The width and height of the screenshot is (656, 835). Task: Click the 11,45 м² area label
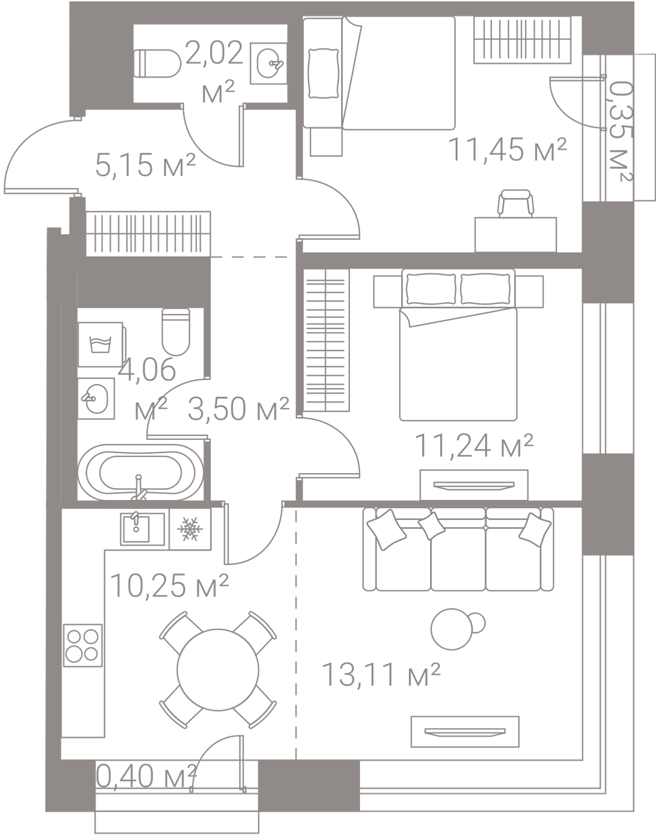click(507, 150)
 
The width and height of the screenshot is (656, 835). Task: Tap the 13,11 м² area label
click(381, 675)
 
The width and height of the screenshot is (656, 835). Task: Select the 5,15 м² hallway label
click(146, 165)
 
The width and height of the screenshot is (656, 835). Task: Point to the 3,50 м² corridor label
click(239, 409)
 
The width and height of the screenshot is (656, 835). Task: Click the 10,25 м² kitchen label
click(169, 586)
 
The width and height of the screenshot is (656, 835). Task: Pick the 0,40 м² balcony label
click(146, 776)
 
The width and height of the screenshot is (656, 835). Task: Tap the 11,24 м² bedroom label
click(474, 445)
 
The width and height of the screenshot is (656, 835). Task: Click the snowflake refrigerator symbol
click(190, 529)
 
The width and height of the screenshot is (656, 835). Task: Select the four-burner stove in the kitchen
click(83, 646)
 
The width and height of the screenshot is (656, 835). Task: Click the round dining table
click(218, 670)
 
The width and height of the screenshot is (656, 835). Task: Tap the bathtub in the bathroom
click(141, 473)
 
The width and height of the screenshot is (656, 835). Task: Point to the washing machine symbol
click(101, 345)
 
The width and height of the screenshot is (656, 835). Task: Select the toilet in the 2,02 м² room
click(157, 63)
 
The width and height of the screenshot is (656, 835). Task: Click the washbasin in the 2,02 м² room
click(269, 63)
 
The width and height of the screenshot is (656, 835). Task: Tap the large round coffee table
click(451, 629)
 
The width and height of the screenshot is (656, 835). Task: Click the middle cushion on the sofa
click(431, 526)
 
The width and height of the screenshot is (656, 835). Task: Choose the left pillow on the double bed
click(431, 288)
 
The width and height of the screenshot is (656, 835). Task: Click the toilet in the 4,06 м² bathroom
click(176, 332)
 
